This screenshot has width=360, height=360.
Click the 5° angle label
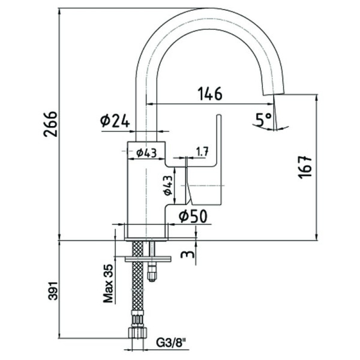263,119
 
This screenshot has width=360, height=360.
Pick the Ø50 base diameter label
192,215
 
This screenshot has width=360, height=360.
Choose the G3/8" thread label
170,344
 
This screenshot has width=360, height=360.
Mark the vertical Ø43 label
167,185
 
